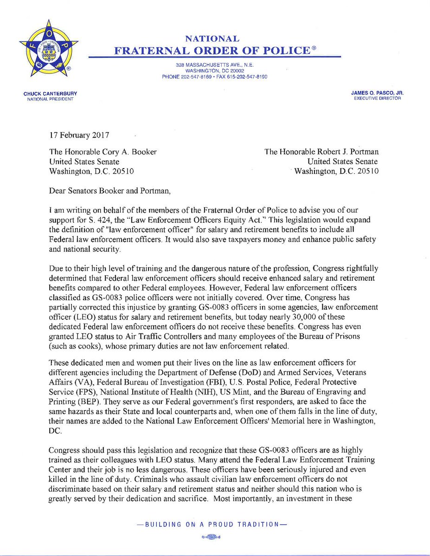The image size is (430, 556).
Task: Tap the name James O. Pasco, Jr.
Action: [x=378, y=94]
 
